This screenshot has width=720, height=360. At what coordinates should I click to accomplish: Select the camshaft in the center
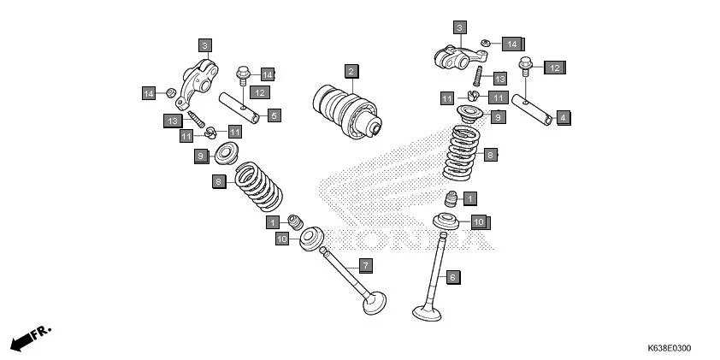[347, 109]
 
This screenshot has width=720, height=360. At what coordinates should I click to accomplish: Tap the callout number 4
[563, 117]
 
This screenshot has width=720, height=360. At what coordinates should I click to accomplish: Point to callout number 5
[274, 115]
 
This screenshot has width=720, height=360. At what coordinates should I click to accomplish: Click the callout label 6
[452, 277]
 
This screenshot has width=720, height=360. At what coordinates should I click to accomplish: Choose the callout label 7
[364, 265]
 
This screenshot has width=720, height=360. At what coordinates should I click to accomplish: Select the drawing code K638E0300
[669, 348]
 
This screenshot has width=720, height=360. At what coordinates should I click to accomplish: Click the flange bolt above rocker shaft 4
[526, 66]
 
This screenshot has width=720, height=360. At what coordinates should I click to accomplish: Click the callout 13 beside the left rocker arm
[172, 121]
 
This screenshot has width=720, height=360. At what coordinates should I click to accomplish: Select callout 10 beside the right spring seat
[478, 222]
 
